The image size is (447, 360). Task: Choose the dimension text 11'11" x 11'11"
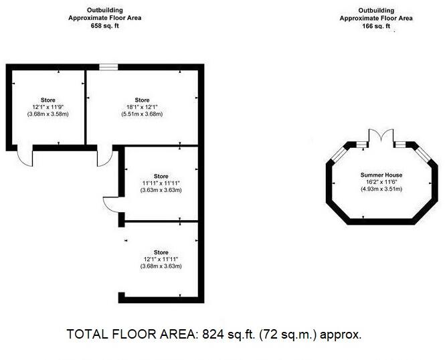(x=161, y=183)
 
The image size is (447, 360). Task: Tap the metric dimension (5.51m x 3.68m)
(x=142, y=114)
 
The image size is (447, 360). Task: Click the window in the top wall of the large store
(x=108, y=66)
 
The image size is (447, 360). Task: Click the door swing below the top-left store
(x=24, y=157)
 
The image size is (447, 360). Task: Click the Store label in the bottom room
(x=161, y=252)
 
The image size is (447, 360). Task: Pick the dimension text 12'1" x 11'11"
(x=161, y=260)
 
